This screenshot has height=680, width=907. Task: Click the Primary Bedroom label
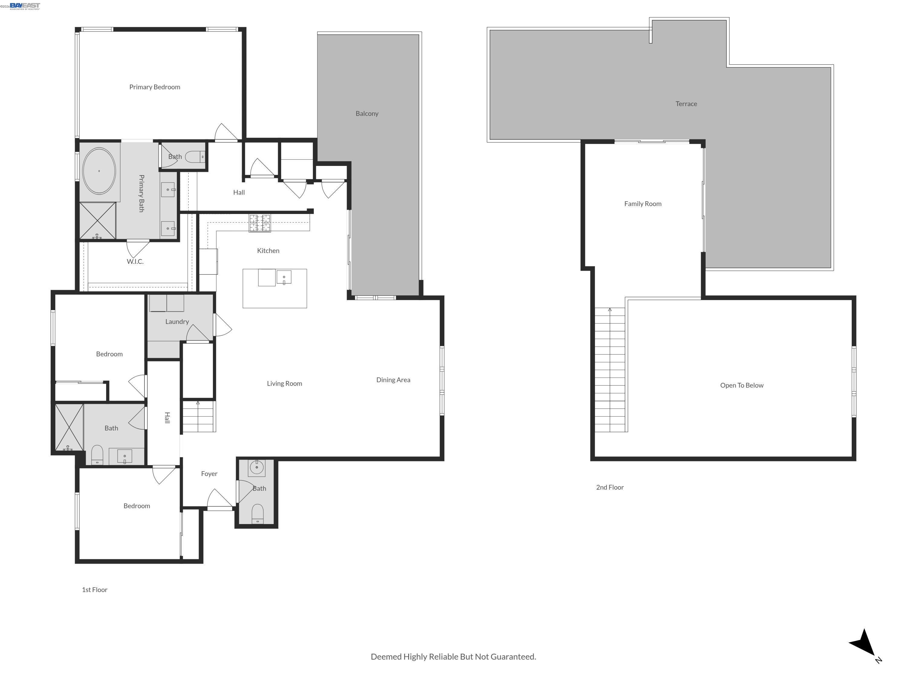coord(154,87)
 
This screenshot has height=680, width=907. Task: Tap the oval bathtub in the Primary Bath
coord(99,171)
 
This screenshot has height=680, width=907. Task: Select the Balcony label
coord(367,114)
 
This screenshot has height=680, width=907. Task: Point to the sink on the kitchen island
coord(284,277)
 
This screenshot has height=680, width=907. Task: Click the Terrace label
coord(686,104)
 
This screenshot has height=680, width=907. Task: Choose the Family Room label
coord(642,204)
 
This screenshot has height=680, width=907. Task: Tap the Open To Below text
coord(742,385)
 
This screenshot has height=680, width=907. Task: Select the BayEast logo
coord(24,5)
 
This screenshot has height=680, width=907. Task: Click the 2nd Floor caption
coord(610,487)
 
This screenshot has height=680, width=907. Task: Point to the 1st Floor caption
coord(95,590)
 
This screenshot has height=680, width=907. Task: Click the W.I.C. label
coord(135,261)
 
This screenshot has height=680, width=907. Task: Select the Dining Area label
coord(393,380)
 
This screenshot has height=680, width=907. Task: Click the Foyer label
coord(209,474)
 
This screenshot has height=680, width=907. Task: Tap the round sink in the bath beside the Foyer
coord(257,467)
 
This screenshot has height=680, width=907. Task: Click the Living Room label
coord(284,384)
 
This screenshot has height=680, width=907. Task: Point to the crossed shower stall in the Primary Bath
coord(98,221)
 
